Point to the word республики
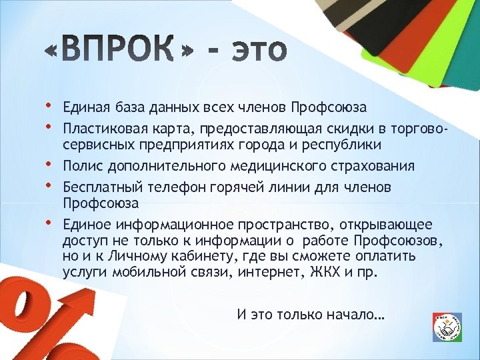(x=347, y=145)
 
